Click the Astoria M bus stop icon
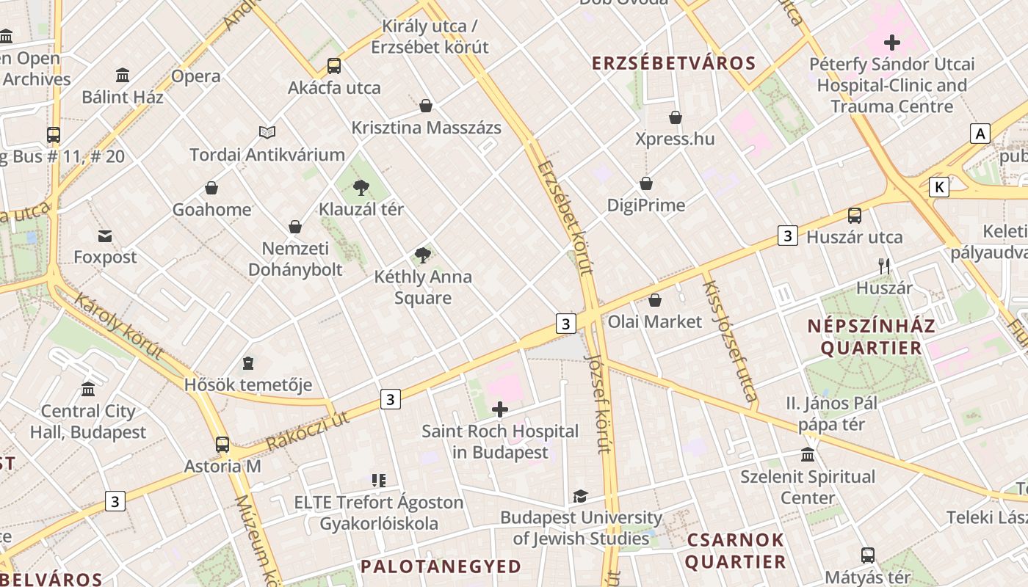pos(222,444)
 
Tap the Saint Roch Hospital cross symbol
pos(500,409)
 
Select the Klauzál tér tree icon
pos(361,188)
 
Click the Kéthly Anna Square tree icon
pos(422,255)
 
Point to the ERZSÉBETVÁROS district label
pos(674,63)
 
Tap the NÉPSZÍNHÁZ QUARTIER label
pos(871,337)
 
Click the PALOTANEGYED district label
pos(441,566)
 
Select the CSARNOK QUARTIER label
pos(736,551)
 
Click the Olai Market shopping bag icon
pos(655,300)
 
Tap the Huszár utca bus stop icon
pos(855,216)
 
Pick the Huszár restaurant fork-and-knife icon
pos(884,266)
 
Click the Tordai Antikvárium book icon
pos(267,133)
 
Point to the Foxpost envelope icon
pos(105,236)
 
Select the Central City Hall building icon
pos(88,389)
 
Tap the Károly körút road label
pos(117,327)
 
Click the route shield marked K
pos(938,187)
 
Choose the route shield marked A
pos(980,134)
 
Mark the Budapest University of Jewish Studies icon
pos(580,496)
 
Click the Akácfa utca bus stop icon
pos(334,66)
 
